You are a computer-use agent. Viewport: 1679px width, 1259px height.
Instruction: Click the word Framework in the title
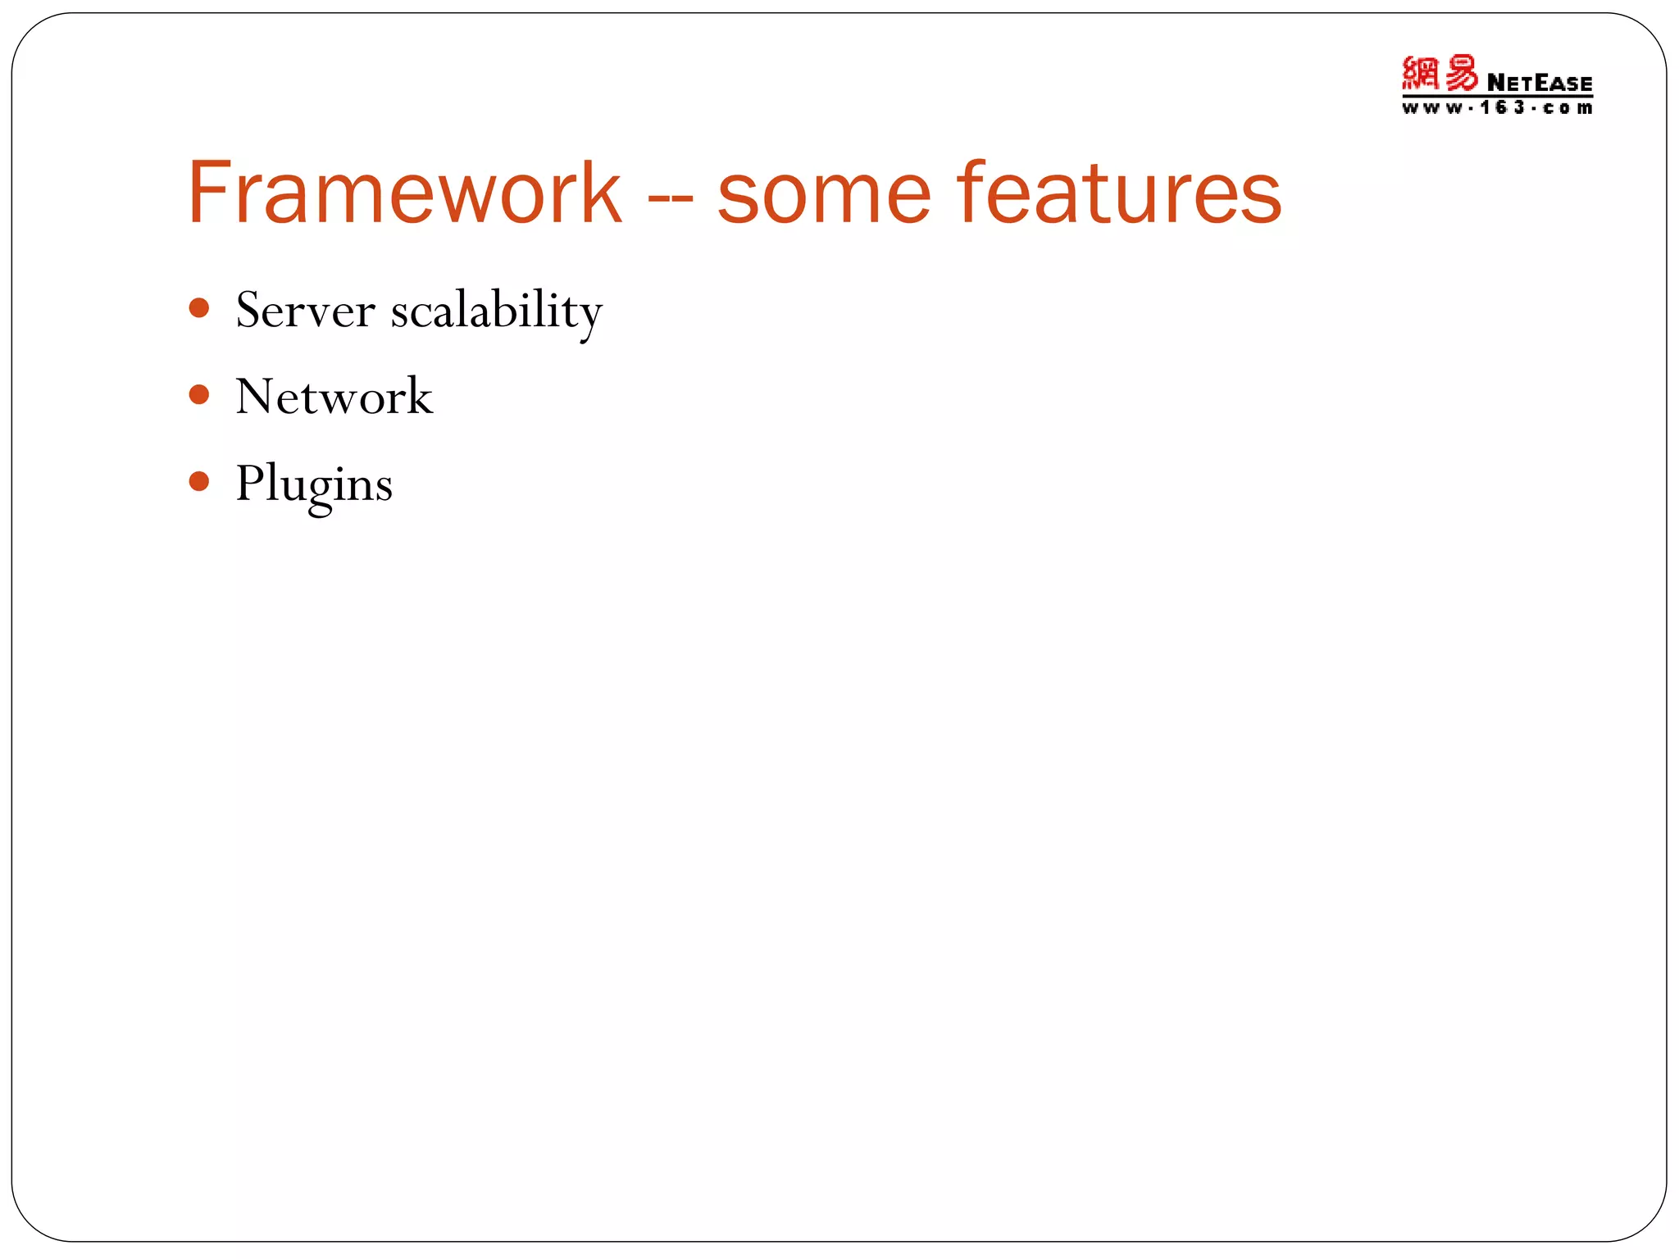click(x=404, y=193)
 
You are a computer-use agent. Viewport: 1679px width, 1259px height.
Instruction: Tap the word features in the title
click(x=1118, y=193)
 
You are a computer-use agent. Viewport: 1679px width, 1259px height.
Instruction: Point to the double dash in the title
click(x=670, y=201)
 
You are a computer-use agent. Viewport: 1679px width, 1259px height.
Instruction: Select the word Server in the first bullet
click(x=305, y=311)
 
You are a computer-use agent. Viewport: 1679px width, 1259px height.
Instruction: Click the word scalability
click(x=496, y=312)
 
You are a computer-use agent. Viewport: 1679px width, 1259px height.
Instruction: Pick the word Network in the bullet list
click(x=334, y=397)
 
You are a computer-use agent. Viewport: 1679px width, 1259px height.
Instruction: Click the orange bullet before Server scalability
click(x=199, y=308)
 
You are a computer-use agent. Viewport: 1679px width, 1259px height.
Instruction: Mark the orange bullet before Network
click(x=199, y=395)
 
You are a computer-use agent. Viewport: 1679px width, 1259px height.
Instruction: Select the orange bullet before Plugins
click(x=199, y=481)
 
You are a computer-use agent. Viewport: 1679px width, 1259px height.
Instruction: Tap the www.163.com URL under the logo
click(x=1497, y=108)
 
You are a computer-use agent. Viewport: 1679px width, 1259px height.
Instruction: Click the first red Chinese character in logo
click(x=1421, y=73)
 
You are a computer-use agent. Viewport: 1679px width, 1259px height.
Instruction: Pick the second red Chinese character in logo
click(x=1460, y=73)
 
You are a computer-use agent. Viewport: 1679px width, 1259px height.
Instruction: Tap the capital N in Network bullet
click(x=254, y=397)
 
